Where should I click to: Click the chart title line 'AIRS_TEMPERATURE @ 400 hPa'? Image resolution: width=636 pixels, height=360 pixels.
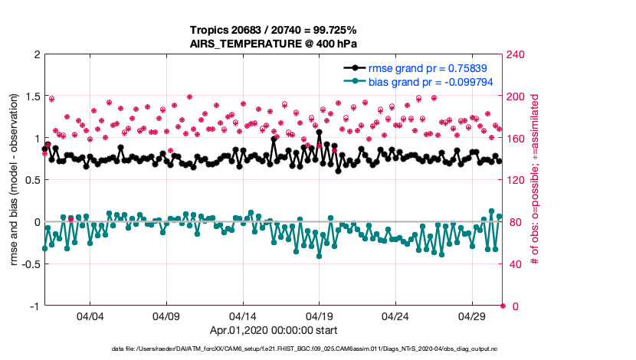[274, 44]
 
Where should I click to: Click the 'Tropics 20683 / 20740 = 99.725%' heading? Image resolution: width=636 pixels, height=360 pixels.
[274, 30]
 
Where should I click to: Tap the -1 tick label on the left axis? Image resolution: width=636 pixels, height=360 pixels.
[34, 306]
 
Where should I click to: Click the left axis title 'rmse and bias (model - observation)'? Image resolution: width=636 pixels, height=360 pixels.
[15, 180]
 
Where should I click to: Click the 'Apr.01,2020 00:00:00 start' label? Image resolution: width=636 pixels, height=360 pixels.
[274, 331]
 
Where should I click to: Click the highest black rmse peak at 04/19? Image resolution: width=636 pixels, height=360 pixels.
[319, 133]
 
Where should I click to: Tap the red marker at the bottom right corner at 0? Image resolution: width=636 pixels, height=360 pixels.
[503, 306]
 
